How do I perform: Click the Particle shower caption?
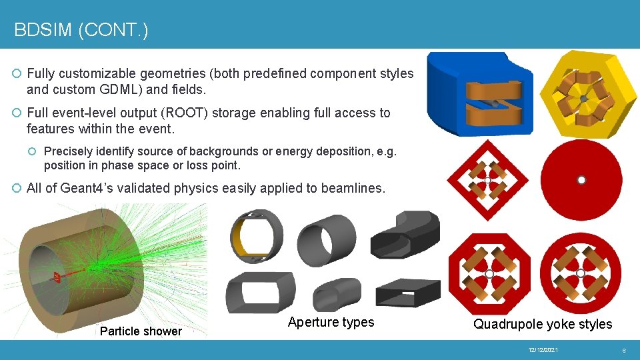tap(141, 331)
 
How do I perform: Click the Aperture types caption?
tap(331, 323)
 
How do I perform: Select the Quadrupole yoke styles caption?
tap(542, 324)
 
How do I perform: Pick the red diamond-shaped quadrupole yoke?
tap(487, 180)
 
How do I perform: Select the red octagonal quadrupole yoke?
tap(487, 273)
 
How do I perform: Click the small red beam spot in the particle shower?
tap(59, 276)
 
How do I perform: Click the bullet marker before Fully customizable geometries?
tap(17, 74)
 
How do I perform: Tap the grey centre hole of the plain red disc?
tap(581, 180)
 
